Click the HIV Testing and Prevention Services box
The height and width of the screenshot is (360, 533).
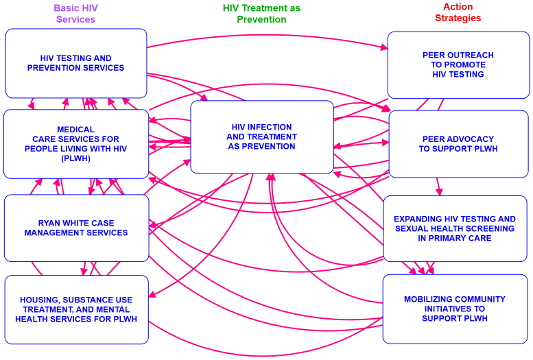[76, 63]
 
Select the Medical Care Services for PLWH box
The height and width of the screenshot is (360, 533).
[76, 144]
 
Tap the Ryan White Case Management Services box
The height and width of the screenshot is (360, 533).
[76, 228]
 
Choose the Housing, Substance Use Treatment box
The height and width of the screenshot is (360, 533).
[76, 309]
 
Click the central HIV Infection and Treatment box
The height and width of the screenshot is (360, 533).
[261, 136]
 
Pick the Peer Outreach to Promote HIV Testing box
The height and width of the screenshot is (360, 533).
[458, 64]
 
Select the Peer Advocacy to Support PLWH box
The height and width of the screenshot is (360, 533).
[458, 144]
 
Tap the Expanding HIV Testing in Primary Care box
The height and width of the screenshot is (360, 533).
[455, 228]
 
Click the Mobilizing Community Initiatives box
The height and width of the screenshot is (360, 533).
[454, 309]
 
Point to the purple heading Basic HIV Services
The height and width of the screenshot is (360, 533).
[75, 13]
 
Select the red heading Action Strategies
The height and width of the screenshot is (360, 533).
[458, 12]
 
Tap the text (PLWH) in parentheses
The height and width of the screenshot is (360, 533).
[75, 158]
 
